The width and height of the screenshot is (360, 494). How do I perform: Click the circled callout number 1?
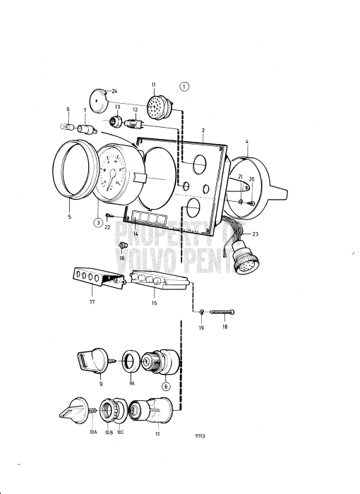coord(185,88)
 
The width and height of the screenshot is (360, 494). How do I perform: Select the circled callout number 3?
coord(98,222)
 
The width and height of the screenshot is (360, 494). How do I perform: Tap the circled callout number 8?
coord(167,386)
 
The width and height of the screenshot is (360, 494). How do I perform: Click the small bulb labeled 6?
coord(67,127)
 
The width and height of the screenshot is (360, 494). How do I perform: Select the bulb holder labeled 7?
coord(88,130)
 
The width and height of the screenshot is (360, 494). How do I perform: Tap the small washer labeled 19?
coord(200,311)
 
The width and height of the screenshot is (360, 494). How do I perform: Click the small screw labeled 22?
coord(109,215)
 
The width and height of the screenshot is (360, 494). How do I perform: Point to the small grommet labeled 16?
coord(123,246)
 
